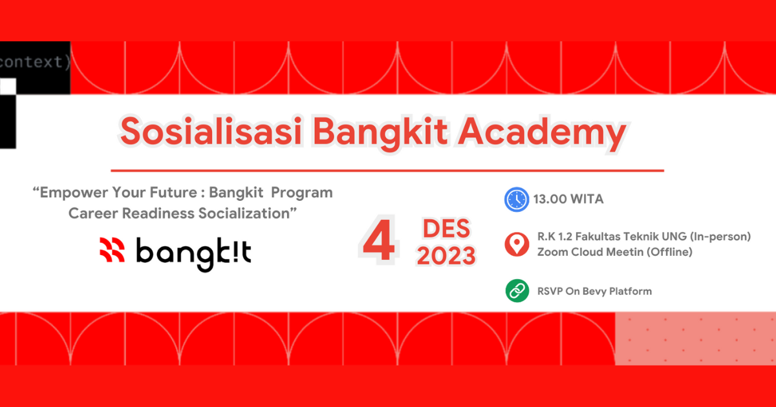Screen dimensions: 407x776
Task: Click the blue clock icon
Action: (x=517, y=199)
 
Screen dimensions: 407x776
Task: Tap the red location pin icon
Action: (x=517, y=244)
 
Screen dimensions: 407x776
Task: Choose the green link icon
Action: (x=517, y=291)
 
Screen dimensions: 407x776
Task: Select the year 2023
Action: (x=446, y=256)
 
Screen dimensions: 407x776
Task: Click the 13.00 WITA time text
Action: (x=568, y=199)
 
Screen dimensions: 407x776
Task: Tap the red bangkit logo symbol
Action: (x=112, y=250)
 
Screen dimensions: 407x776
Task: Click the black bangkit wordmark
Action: (x=193, y=253)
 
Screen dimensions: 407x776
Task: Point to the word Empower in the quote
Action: (x=73, y=193)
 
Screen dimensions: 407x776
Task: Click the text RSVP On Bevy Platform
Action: (x=594, y=291)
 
